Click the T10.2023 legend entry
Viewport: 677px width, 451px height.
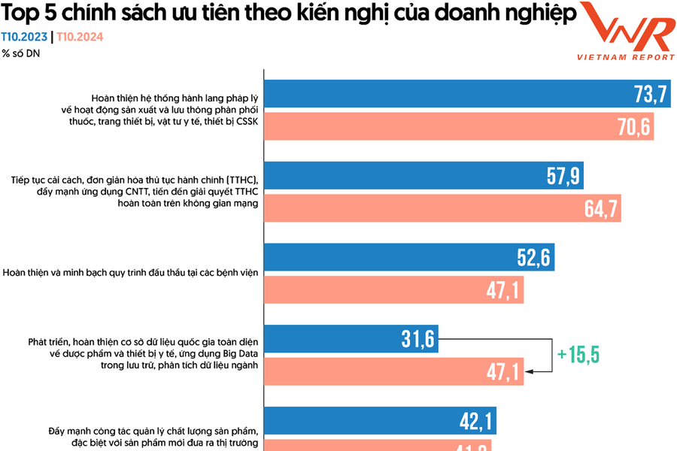point(23,36)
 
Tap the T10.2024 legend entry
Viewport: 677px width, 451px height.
point(80,36)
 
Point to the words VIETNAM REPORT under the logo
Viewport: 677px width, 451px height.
point(625,57)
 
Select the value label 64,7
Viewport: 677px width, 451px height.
point(602,208)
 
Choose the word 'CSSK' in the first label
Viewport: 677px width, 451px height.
point(245,121)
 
